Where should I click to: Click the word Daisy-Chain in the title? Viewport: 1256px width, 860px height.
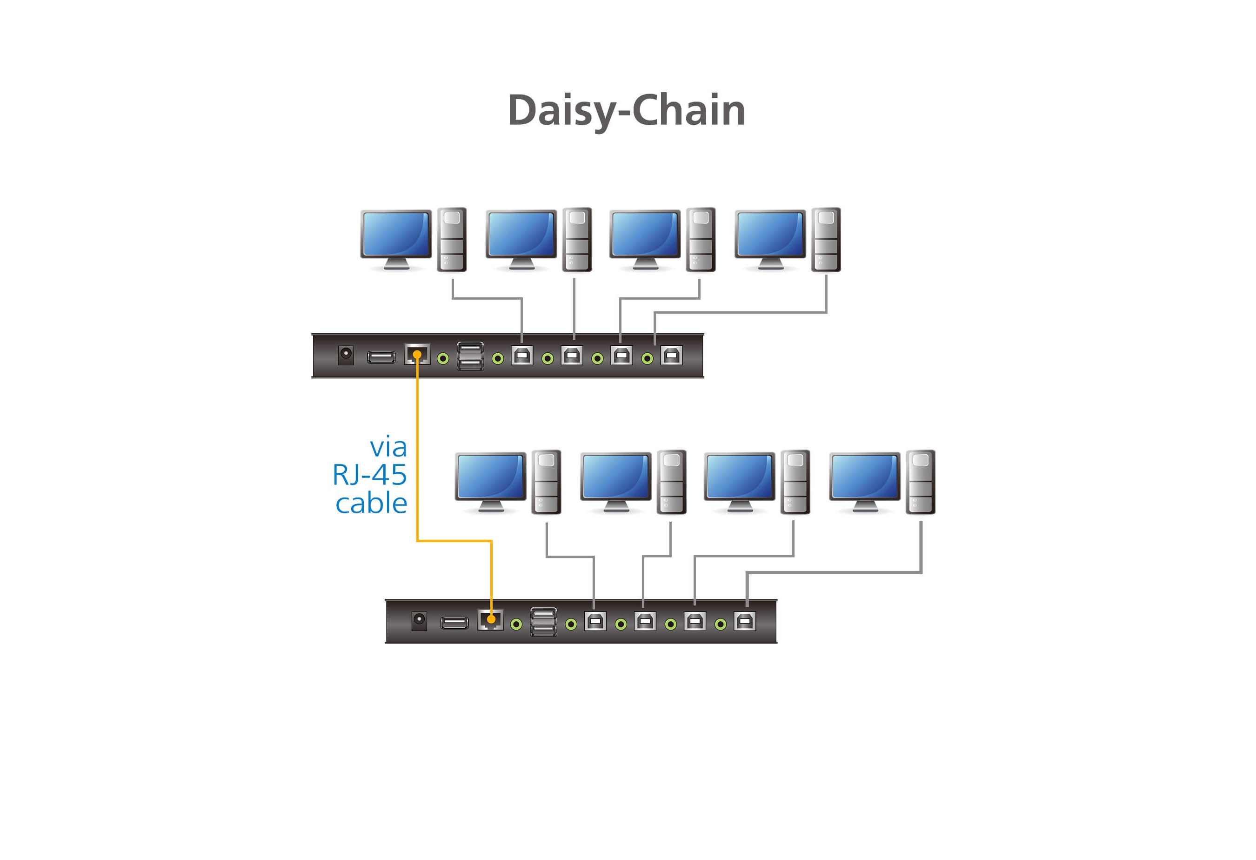click(627, 110)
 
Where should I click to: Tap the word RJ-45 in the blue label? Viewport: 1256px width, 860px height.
click(370, 475)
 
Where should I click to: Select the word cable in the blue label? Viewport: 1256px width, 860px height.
click(371, 504)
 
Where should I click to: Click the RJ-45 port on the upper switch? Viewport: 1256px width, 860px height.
click(417, 355)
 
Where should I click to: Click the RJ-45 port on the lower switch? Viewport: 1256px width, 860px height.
click(490, 620)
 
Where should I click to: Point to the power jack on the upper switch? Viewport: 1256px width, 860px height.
click(346, 355)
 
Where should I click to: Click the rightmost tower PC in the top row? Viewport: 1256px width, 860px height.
click(826, 240)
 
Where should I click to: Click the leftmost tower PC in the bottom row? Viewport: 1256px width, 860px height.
click(547, 482)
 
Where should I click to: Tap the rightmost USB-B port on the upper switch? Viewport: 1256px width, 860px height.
click(671, 356)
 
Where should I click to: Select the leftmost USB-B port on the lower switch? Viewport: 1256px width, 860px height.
click(595, 622)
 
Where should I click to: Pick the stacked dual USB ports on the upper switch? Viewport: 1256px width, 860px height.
click(470, 356)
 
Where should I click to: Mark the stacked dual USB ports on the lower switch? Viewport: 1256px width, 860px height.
click(543, 622)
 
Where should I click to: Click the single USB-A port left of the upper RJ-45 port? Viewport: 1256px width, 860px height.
click(381, 357)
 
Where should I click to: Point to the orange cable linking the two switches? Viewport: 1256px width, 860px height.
click(417, 459)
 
